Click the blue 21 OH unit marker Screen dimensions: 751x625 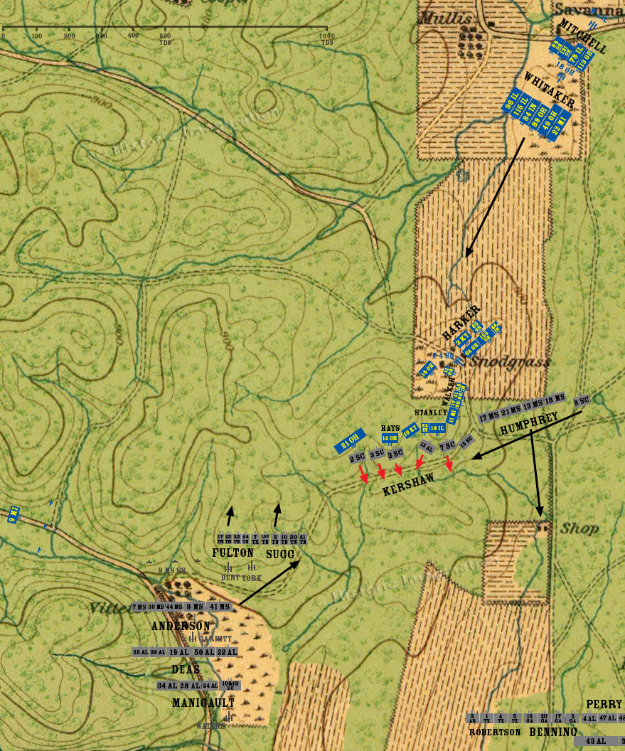pyautogui.click(x=350, y=441)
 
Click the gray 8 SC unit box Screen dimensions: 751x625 pyautogui.click(x=582, y=400)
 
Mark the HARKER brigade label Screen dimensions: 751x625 pyautogui.click(x=461, y=321)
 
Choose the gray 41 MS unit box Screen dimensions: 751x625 pyautogui.click(x=219, y=607)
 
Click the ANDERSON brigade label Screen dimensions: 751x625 pyautogui.click(x=181, y=627)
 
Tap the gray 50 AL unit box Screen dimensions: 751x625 pyautogui.click(x=204, y=652)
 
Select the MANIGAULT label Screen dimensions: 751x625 pyautogui.click(x=203, y=703)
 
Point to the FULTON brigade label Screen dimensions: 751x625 pyautogui.click(x=233, y=553)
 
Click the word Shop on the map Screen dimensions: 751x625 pyautogui.click(x=579, y=528)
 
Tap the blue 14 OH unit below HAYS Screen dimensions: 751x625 pyautogui.click(x=390, y=439)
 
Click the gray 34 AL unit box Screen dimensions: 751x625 pyautogui.click(x=167, y=686)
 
